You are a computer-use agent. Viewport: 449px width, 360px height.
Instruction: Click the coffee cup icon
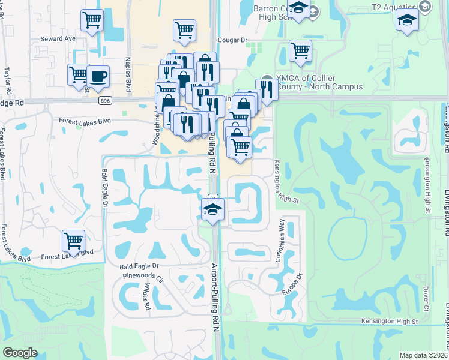pyautogui.click(x=98, y=77)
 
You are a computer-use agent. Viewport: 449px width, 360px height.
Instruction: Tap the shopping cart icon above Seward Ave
pyautogui.click(x=92, y=21)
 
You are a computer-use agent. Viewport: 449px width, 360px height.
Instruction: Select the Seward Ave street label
pyautogui.click(x=58, y=38)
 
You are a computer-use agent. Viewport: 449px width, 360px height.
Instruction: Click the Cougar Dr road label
pyautogui.click(x=235, y=41)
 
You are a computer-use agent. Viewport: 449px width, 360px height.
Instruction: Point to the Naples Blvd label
pyautogui.click(x=128, y=70)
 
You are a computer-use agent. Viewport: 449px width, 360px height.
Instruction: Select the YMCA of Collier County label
pyautogui.click(x=319, y=83)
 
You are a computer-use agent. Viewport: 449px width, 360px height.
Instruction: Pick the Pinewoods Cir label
pyautogui.click(x=143, y=277)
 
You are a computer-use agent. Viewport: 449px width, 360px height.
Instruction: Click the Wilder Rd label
pyautogui.click(x=146, y=297)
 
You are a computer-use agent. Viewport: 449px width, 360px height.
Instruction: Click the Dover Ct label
pyautogui.click(x=426, y=298)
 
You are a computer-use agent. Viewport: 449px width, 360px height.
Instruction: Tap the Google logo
pyautogui.click(x=20, y=353)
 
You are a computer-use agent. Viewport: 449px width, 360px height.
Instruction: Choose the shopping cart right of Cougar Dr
pyautogui.click(x=300, y=51)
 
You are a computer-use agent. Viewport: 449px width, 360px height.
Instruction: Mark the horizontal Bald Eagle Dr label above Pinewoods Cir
pyautogui.click(x=139, y=265)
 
